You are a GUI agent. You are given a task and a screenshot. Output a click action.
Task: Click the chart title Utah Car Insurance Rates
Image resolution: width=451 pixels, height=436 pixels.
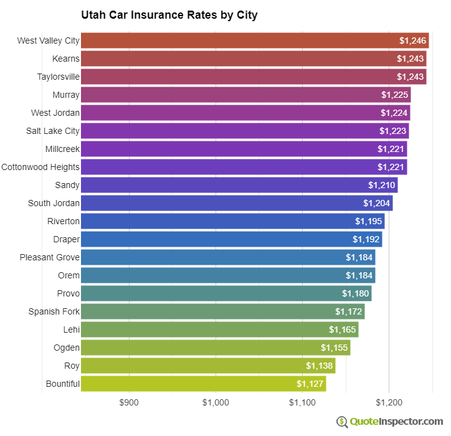[x=169, y=15]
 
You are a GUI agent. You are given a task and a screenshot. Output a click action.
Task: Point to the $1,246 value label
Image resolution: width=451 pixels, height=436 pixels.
[x=412, y=40]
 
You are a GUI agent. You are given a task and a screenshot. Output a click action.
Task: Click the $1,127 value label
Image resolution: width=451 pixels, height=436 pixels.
[x=310, y=384]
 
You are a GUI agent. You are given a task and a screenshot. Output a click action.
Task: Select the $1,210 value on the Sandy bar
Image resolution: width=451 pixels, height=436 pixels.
[x=381, y=185]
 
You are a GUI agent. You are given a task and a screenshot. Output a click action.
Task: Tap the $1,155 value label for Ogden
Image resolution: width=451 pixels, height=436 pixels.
[x=334, y=348]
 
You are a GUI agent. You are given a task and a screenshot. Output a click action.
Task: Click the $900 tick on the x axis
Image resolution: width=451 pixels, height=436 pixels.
[x=129, y=402]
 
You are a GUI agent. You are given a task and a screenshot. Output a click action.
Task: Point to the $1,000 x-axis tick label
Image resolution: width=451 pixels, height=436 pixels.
[x=216, y=402]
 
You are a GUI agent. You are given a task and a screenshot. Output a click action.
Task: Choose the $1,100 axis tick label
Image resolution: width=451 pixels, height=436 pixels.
[x=302, y=402]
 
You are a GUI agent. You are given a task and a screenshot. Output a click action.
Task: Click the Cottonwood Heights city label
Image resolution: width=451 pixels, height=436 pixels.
[x=40, y=167]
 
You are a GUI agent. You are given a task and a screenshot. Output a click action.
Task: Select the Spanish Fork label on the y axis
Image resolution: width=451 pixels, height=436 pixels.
[x=54, y=311]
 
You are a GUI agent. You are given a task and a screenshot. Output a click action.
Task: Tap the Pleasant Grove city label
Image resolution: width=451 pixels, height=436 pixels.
[x=49, y=257]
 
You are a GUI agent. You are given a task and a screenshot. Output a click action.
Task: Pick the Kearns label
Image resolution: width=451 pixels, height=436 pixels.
[x=66, y=59]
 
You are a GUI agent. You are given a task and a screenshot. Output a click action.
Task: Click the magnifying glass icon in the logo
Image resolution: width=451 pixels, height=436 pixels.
[x=342, y=422]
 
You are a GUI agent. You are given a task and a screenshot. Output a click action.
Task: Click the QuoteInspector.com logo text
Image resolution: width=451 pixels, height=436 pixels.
[x=396, y=422]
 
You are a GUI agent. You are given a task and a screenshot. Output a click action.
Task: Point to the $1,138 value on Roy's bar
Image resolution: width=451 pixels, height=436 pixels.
[x=319, y=366]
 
